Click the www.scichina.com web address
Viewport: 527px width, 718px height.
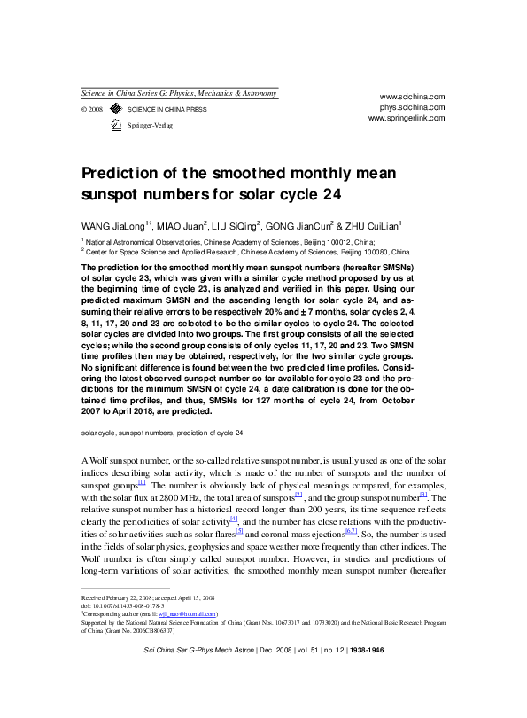tap(412, 96)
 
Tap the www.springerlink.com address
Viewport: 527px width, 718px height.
tap(407, 117)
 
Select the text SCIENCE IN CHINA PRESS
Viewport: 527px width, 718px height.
tap(167, 110)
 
